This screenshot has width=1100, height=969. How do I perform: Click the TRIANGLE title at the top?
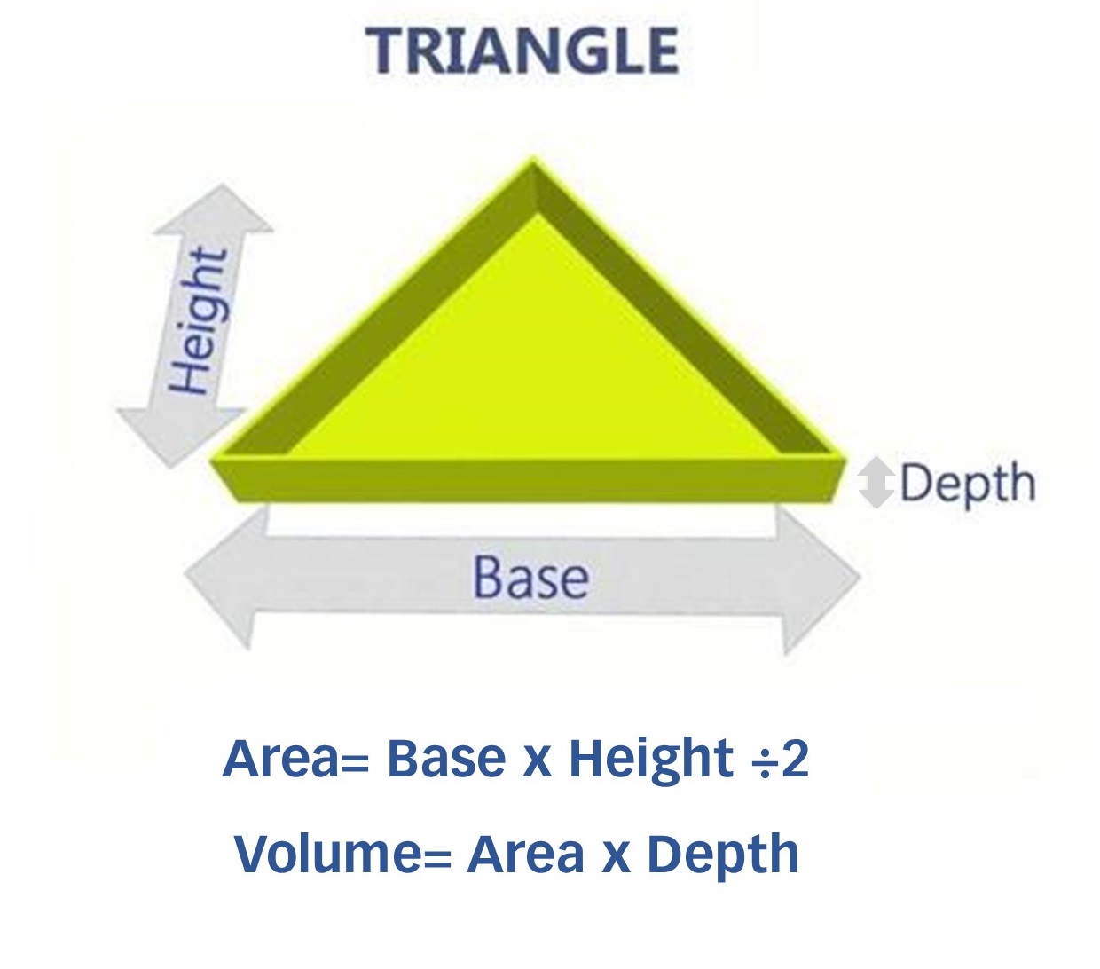522,51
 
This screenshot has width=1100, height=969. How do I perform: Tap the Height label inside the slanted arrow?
198,320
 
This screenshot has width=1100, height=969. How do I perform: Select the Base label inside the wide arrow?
531,578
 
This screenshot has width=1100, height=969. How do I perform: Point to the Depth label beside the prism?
968,484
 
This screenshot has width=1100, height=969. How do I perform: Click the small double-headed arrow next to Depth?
876,483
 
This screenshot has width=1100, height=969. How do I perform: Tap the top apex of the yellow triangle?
532,159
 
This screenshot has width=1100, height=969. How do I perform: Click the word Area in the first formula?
280,759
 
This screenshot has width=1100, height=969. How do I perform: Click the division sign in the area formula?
764,761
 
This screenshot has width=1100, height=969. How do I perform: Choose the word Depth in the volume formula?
723,856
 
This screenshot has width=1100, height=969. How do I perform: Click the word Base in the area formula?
446,759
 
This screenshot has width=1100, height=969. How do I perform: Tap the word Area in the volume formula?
525,855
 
